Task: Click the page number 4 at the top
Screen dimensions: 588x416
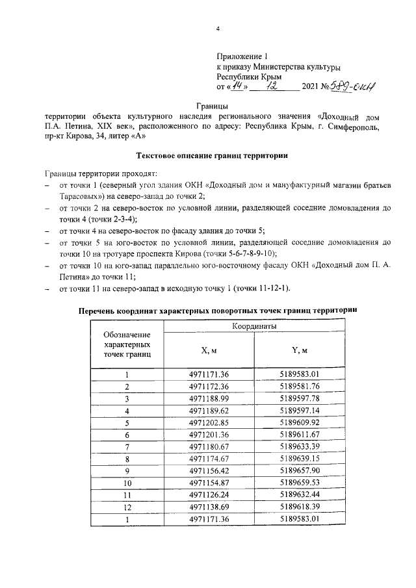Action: tap(218, 29)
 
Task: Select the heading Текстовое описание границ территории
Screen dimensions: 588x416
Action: tap(212, 156)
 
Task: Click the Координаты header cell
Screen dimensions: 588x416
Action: tap(253, 327)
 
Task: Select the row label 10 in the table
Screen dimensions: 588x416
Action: tap(127, 483)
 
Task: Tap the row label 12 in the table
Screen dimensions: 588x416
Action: tap(127, 507)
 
